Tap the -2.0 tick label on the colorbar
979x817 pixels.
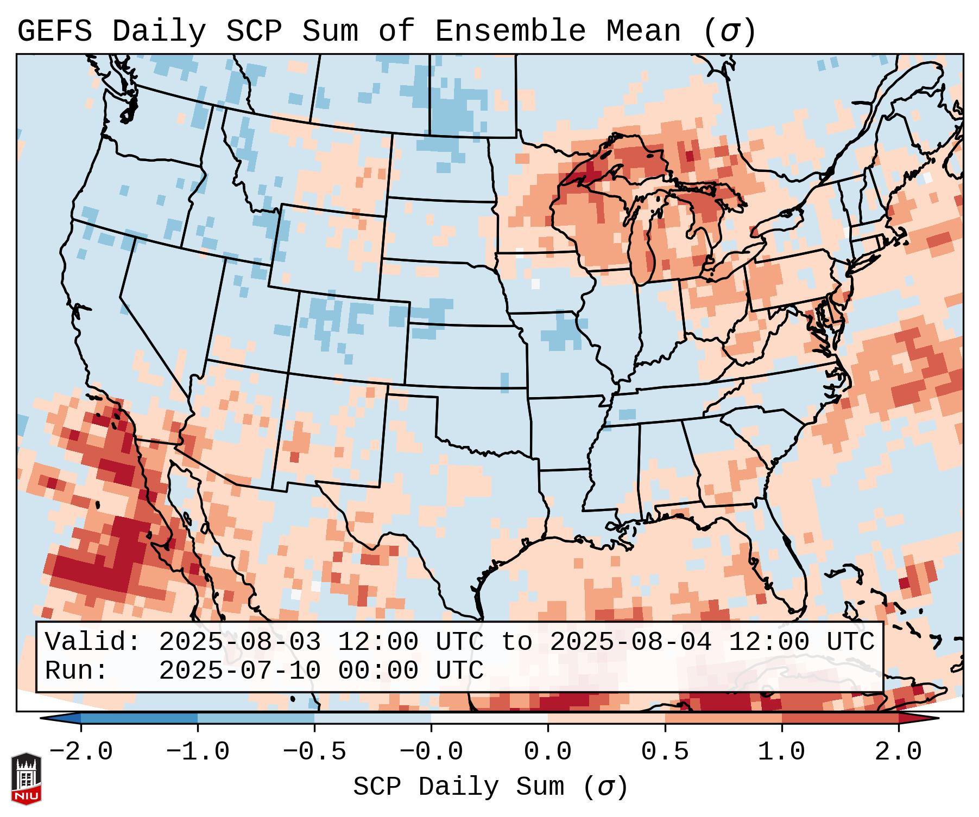click(x=81, y=752)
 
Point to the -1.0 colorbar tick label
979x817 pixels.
click(x=198, y=752)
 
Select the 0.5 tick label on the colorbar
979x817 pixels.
click(x=665, y=752)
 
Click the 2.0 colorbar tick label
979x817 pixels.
click(x=899, y=752)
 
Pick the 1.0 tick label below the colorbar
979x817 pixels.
click(x=782, y=752)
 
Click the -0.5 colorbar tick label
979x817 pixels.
click(x=314, y=752)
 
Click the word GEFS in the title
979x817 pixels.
click(x=54, y=31)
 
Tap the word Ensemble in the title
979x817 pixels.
click(x=510, y=31)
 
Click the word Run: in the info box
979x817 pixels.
click(x=77, y=671)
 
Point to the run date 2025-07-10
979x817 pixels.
click(x=239, y=671)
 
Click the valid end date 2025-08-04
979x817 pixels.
click(x=630, y=642)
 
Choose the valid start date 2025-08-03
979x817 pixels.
click(x=239, y=642)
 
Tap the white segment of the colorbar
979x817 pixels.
click(x=489, y=718)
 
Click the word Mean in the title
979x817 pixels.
click(x=643, y=31)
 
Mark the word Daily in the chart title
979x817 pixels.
click(x=159, y=31)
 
